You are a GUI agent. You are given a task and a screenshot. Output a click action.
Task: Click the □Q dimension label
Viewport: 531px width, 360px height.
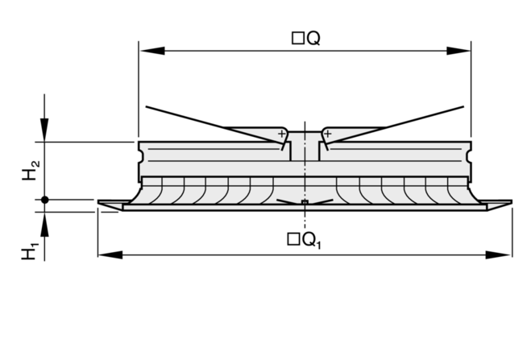(305, 38)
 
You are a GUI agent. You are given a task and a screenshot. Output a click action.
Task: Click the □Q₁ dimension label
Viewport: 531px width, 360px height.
(305, 239)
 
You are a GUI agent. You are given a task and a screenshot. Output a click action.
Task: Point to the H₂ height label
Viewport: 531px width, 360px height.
(30, 171)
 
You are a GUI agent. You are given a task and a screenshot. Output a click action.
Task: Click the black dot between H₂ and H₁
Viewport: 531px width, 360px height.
(45, 199)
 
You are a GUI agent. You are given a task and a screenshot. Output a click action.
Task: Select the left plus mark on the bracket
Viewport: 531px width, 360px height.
(281, 133)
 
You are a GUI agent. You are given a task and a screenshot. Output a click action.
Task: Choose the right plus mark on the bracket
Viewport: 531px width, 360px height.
(327, 133)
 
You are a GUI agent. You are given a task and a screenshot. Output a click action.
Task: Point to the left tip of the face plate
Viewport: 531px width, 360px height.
(100, 202)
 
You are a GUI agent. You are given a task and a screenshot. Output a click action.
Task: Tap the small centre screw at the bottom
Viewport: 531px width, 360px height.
(304, 201)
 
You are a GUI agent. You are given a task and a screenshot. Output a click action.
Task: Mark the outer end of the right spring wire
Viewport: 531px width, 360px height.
(465, 106)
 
